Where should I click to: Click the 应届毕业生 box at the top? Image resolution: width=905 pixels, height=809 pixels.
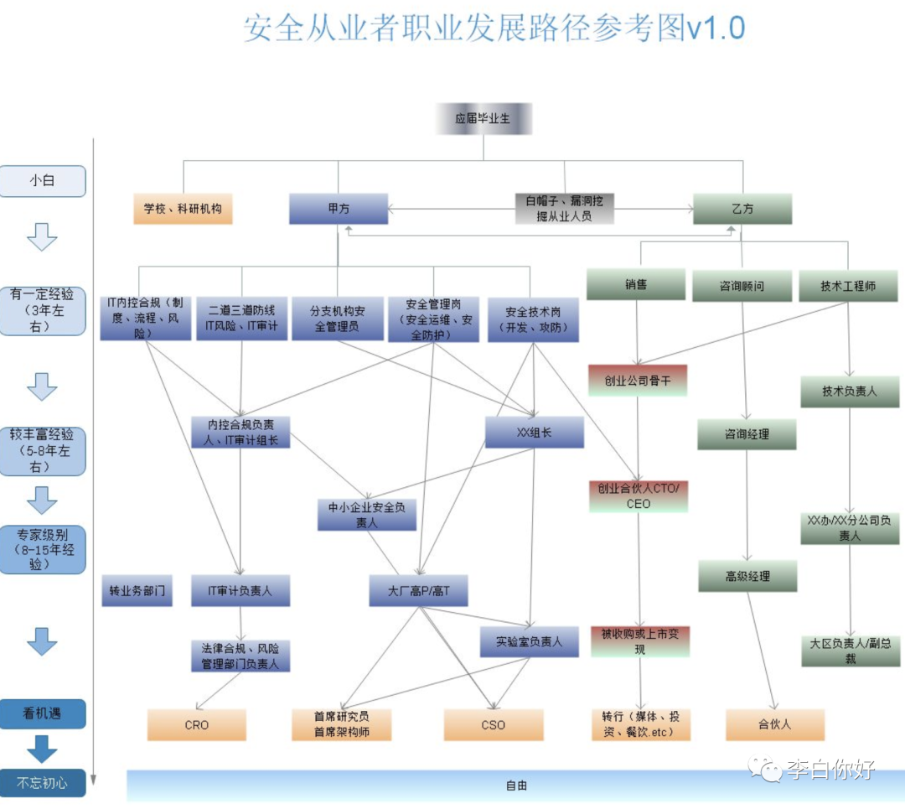[484, 119]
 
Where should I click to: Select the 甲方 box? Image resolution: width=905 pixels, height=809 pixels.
[339, 209]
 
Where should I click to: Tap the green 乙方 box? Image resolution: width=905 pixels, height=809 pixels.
[742, 209]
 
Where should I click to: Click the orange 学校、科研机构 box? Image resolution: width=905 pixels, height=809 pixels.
[183, 209]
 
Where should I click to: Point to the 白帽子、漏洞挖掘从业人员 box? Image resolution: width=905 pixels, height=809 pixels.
[564, 208]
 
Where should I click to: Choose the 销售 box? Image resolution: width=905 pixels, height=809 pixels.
[636, 284]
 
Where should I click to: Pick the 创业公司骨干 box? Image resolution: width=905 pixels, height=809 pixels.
[638, 381]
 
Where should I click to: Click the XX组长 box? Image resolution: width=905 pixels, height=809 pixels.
[534, 433]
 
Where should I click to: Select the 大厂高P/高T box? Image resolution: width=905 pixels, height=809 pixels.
[418, 591]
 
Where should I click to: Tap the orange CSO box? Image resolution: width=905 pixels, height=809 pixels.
[494, 724]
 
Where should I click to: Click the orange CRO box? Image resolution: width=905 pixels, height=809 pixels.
[197, 724]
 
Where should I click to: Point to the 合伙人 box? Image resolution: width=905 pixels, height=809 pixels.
[775, 724]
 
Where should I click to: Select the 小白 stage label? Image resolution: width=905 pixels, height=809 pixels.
[43, 181]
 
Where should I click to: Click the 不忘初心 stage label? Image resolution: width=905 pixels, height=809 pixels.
[43, 783]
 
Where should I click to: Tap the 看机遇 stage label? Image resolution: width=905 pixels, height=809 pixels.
[43, 714]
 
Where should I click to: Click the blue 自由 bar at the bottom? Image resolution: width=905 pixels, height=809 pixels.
[516, 786]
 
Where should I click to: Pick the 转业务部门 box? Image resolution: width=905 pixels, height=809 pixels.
[137, 591]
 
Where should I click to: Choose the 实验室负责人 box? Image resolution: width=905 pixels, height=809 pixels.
[529, 641]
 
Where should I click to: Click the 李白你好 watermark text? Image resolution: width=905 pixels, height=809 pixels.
[830, 770]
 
